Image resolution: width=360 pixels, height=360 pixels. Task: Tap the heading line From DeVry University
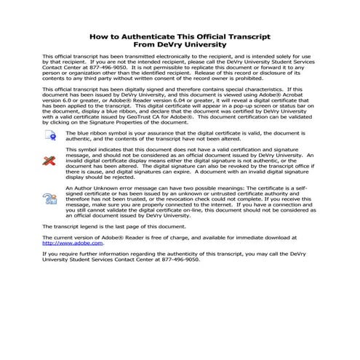[x=180, y=44]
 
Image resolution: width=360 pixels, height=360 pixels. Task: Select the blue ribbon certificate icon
[x=51, y=135]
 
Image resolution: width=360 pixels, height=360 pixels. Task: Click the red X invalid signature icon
[x=50, y=161]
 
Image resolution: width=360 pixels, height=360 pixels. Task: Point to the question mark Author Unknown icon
[x=50, y=198]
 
